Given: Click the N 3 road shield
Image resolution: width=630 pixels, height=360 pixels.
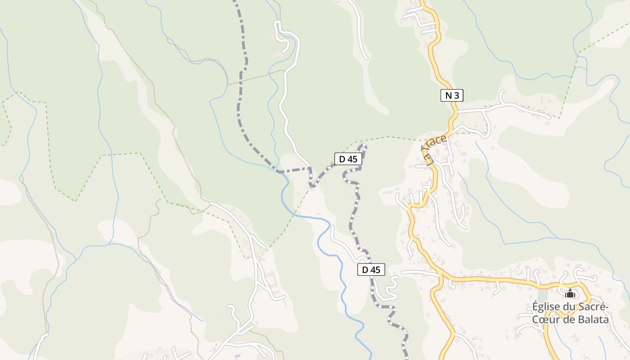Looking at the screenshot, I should (x=452, y=95).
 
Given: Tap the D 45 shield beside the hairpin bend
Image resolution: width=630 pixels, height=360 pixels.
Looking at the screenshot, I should (x=348, y=158).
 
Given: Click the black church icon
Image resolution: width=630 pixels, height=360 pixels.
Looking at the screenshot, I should (x=570, y=294).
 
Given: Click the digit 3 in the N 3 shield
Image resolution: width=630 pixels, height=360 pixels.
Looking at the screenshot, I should (x=457, y=95).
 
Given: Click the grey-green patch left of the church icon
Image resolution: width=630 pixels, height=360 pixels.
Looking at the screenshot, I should (x=543, y=295).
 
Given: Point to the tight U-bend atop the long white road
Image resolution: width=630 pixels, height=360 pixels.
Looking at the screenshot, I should (x=278, y=25).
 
